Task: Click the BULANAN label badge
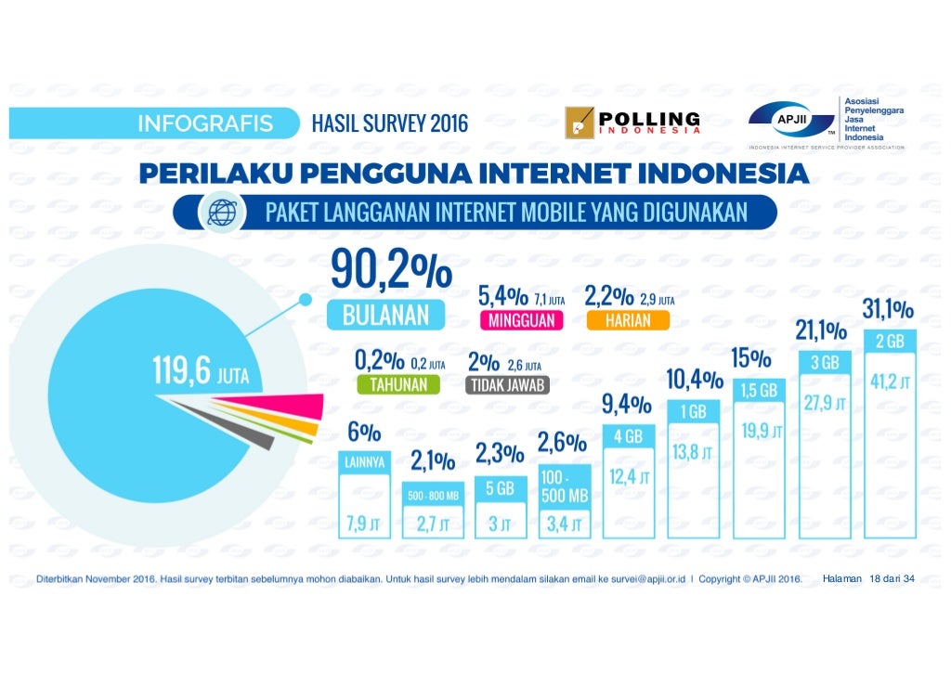coord(385,314)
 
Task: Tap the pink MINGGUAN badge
coord(517,320)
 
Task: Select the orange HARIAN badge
coord(627,320)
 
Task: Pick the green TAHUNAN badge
coord(397,384)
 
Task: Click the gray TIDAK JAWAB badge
coord(509,384)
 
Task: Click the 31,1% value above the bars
coord(887,308)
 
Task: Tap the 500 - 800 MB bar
coord(434,511)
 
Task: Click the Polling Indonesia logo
coord(632,124)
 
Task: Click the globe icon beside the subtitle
coord(222,213)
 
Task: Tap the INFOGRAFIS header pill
coord(206,123)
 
